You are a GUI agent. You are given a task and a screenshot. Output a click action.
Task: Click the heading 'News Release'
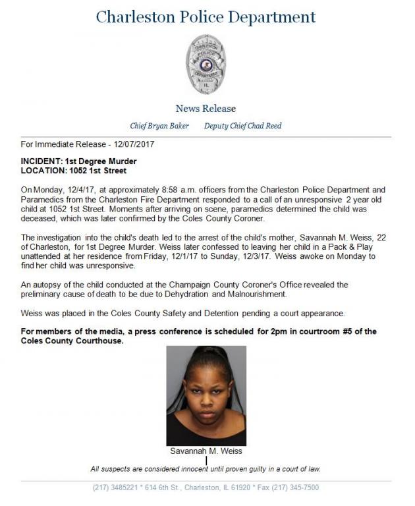(x=206, y=109)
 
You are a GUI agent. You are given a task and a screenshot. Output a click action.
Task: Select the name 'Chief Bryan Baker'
(x=159, y=126)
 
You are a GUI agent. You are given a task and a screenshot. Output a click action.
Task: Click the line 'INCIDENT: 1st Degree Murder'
(x=78, y=161)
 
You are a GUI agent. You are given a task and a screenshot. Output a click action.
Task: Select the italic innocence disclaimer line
(x=206, y=469)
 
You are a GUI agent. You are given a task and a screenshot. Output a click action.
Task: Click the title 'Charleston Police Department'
(x=206, y=17)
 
